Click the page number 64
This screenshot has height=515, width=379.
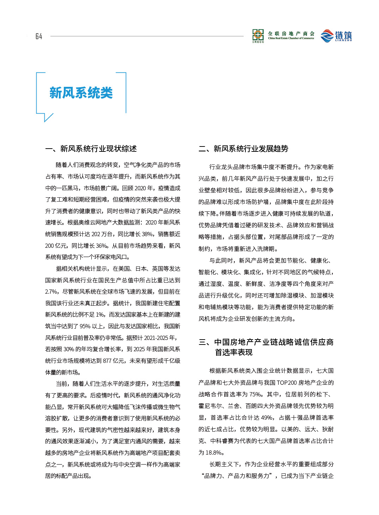[x=39, y=36]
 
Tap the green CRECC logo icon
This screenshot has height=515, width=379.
[x=258, y=35]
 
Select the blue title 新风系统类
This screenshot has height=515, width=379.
[x=81, y=93]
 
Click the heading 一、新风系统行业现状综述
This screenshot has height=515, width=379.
[x=91, y=149]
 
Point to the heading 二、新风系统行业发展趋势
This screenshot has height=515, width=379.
[x=243, y=149]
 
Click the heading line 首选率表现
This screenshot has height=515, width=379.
[x=234, y=352]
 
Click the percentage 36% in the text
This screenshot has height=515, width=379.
[x=102, y=246]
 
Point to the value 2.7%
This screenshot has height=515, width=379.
[x=51, y=292]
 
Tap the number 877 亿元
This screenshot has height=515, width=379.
[x=114, y=361]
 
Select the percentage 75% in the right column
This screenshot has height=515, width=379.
[x=256, y=394]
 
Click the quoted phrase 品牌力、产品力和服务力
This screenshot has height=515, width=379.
[x=238, y=476]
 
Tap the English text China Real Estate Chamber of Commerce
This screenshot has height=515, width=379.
[x=291, y=38]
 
